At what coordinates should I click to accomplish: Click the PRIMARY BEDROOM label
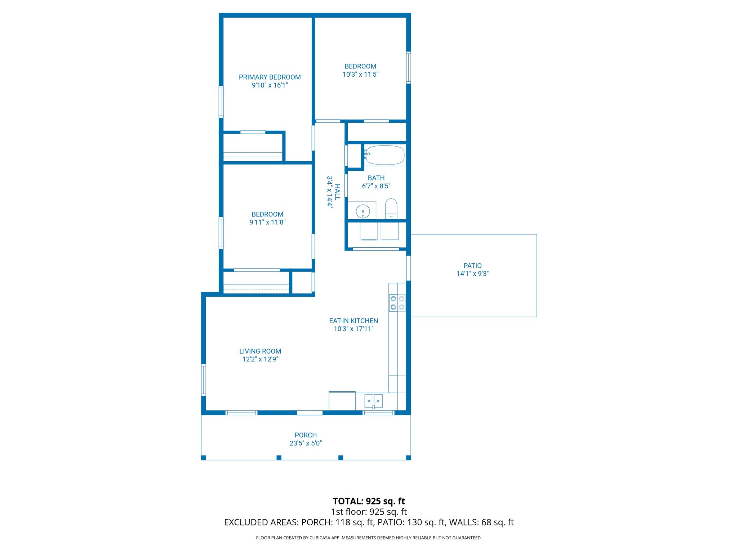tap(270, 77)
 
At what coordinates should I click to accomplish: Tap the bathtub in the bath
tap(385, 155)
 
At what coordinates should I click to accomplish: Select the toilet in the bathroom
tap(391, 208)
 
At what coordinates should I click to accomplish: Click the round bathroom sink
tap(363, 211)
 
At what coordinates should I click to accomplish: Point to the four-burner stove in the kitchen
tap(397, 303)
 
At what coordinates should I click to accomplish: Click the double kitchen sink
tap(373, 400)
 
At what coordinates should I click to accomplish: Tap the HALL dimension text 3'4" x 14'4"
tap(329, 192)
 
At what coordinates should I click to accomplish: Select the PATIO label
tap(472, 266)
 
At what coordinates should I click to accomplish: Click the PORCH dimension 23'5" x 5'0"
tap(306, 443)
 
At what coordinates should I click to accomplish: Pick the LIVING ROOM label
tap(260, 351)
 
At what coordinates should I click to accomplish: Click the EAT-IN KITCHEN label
tap(354, 321)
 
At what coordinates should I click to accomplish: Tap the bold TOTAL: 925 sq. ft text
tap(369, 501)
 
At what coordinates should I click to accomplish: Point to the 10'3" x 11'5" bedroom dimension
tap(360, 75)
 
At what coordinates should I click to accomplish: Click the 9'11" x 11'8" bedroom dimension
tap(267, 222)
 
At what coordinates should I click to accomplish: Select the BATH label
tap(376, 178)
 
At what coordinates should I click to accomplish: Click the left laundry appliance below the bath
tap(369, 231)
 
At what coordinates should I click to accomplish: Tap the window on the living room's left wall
tap(204, 380)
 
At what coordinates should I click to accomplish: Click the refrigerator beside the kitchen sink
tap(342, 401)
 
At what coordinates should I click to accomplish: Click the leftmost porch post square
tap(204, 458)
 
